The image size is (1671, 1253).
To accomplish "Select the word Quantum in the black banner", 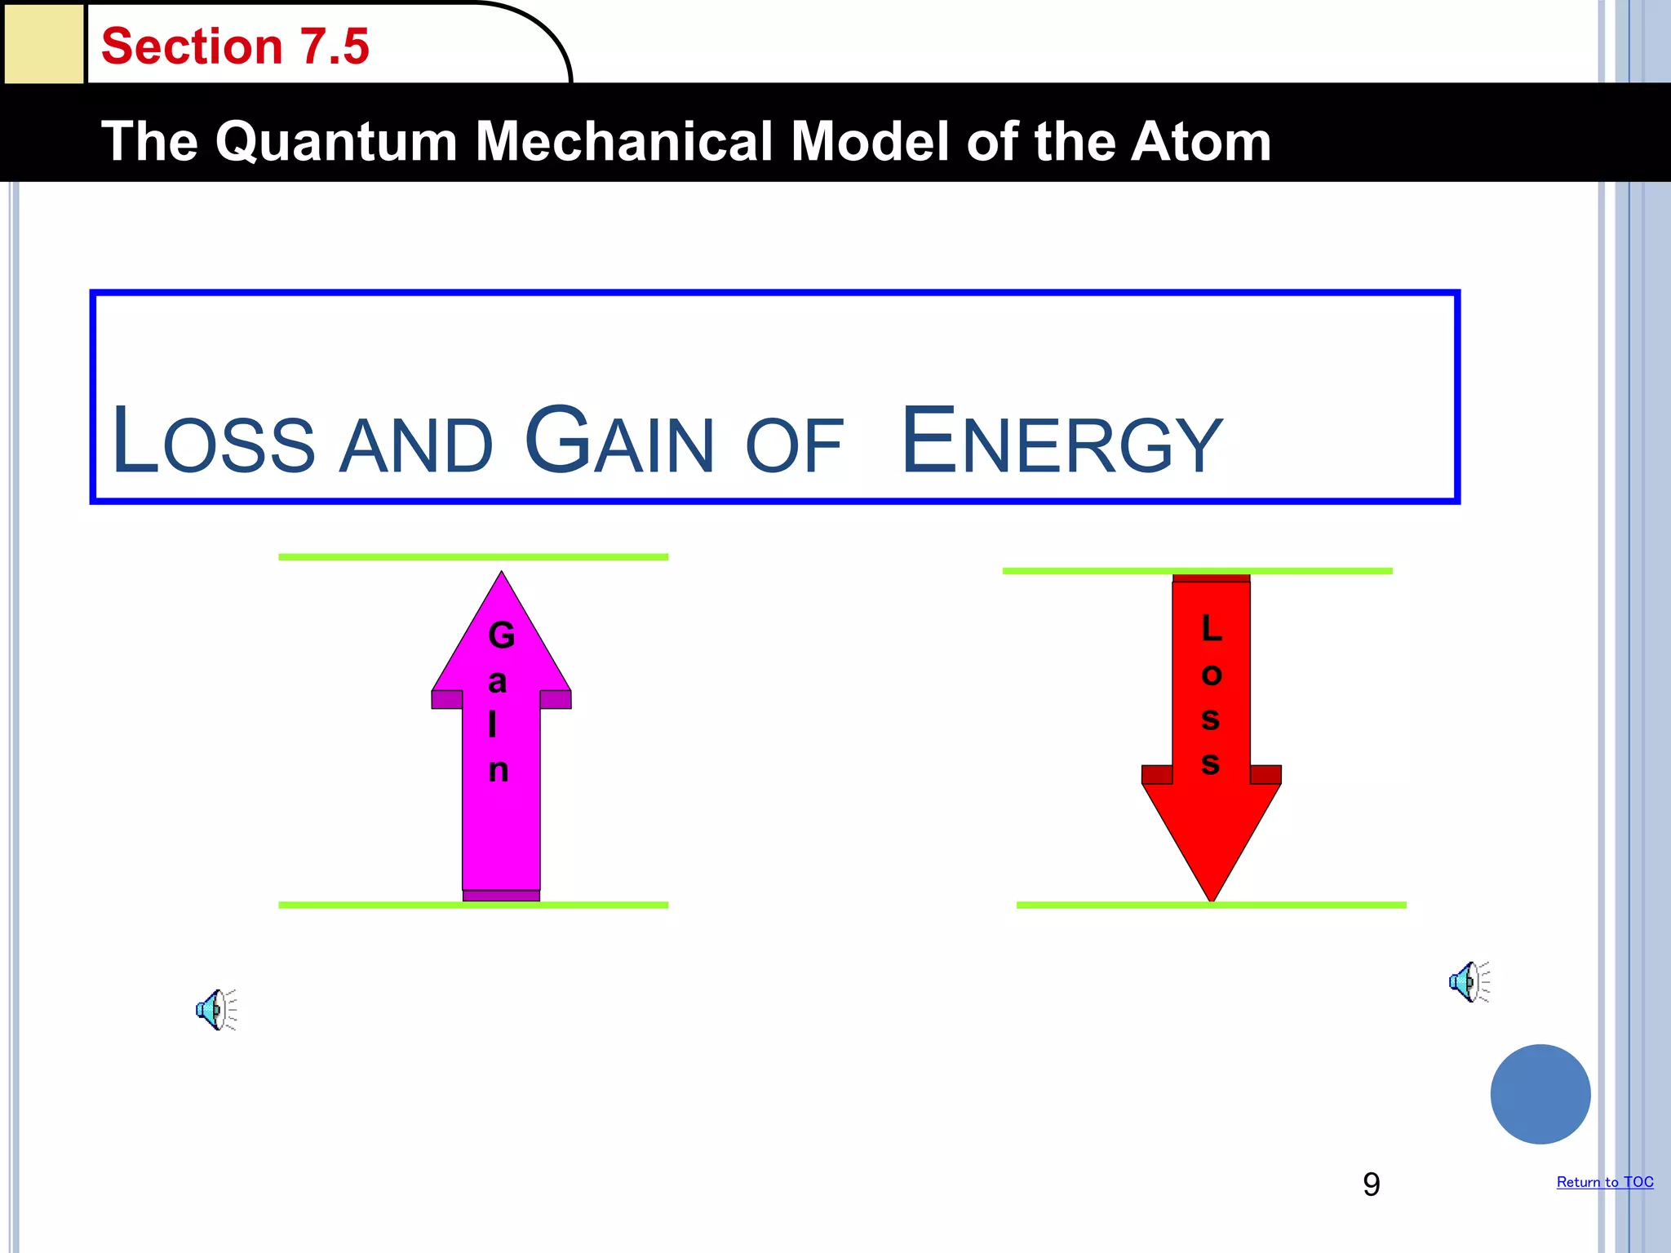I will [335, 142].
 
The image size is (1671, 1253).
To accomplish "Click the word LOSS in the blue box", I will [214, 442].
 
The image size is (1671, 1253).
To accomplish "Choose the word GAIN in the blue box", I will [620, 442].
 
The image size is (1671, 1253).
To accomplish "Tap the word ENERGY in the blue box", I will [1062, 442].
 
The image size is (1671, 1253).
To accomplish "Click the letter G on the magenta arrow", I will [501, 635].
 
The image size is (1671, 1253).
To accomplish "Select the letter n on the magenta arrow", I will [499, 769].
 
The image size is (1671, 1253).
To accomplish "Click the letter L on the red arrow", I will [1212, 628].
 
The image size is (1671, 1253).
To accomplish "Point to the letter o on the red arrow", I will [1212, 675].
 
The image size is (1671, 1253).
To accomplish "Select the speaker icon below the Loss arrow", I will [1469, 981].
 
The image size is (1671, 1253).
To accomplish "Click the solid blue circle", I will [1540, 1094].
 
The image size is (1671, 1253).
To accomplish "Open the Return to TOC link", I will [1605, 1182].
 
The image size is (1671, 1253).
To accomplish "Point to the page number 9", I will [1372, 1184].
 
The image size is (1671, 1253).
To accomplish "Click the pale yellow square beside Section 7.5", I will [44, 42].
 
